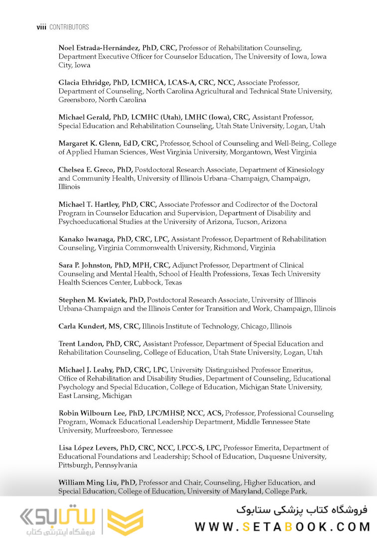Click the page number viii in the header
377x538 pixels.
(x=41, y=27)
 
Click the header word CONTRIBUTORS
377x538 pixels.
(x=69, y=27)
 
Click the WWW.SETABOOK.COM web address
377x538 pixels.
(x=282, y=527)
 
